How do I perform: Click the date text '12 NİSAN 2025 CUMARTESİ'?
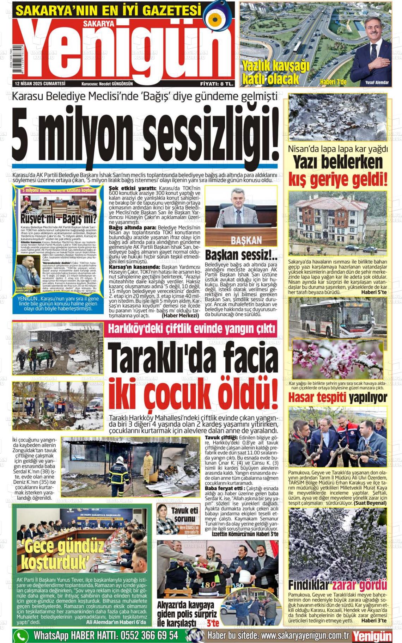tap(40, 84)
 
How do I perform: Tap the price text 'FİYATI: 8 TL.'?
tap(217, 84)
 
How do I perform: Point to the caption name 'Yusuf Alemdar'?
tap(377, 83)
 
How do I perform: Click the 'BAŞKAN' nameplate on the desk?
tap(246, 241)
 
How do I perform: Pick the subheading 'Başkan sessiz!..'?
tap(241, 255)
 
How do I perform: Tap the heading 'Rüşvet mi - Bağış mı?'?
tap(59, 219)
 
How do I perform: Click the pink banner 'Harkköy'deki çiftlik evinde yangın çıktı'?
tap(192, 329)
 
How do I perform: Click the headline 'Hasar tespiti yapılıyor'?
tap(337, 398)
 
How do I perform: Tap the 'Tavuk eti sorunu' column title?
tap(184, 514)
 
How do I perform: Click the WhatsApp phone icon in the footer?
tap(21, 636)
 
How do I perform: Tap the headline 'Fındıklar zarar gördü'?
tap(337, 585)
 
